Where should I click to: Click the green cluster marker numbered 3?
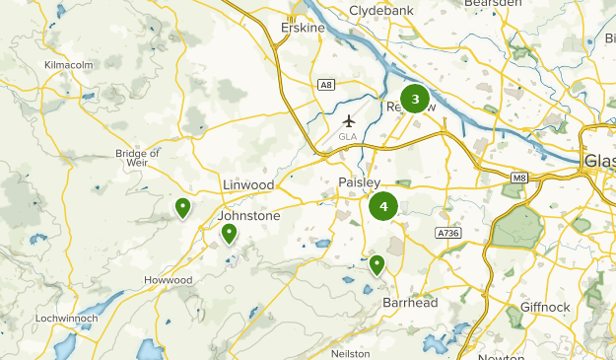(415, 99)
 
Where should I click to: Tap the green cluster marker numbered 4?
(383, 207)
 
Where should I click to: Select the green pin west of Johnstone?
(182, 207)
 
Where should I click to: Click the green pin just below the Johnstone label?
(229, 233)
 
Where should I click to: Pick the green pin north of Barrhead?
(376, 264)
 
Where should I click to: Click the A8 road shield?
(327, 86)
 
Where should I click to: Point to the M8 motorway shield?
(519, 179)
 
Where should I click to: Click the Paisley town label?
(358, 183)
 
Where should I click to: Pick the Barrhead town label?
(411, 303)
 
